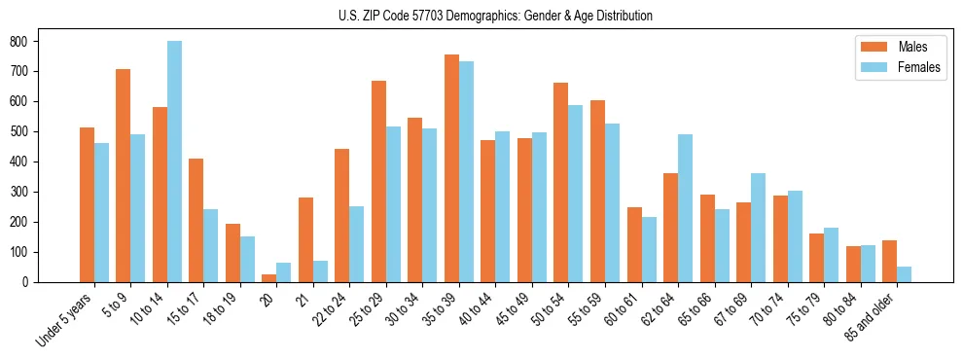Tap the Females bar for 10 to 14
pos(174,162)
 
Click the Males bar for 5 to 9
pos(124,175)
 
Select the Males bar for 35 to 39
pos(451,168)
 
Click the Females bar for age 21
pos(320,271)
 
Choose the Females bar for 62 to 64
pos(685,208)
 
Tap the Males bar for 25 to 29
pos(378,181)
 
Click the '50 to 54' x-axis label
pos(543,310)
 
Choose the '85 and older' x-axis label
pos(873,315)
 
